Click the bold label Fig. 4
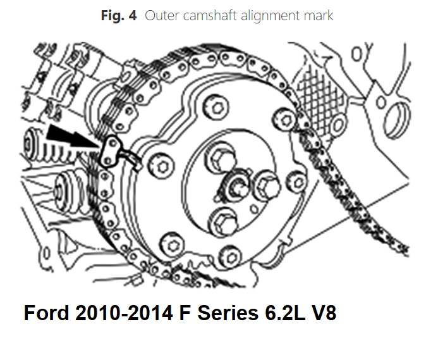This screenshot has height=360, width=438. [118, 15]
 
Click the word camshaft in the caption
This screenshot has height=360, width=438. [207, 15]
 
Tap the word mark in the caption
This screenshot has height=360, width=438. [317, 15]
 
